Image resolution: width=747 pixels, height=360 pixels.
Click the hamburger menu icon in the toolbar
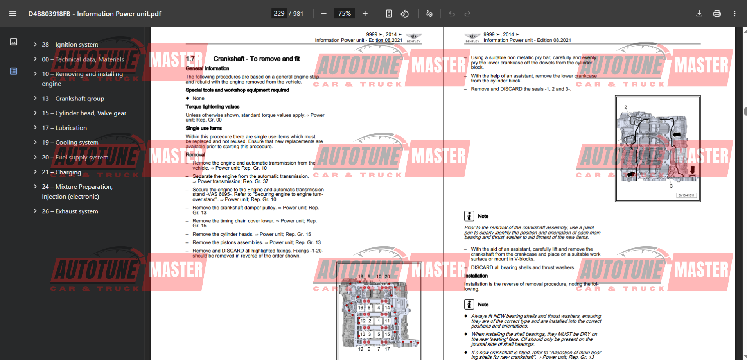pos(13,14)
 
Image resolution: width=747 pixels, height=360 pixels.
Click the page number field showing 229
pos(279,14)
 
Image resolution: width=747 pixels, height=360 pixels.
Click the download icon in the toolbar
pos(699,14)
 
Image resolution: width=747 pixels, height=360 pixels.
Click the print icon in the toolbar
pos(717,14)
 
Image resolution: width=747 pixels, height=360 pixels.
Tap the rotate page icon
pos(405,14)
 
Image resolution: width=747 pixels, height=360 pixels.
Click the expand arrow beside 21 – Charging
pos(35,172)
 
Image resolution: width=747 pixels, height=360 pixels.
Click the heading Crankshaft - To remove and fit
pos(256,59)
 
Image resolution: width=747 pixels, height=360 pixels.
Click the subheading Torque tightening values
pos(212,107)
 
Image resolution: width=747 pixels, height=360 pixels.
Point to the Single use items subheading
pos(203,128)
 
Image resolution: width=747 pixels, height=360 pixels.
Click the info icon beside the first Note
pos(469,216)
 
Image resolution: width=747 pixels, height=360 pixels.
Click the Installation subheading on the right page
pos(476,276)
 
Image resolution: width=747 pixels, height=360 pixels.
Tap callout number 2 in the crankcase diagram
pos(626,107)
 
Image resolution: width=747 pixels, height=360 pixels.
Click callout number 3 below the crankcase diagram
pos(671,186)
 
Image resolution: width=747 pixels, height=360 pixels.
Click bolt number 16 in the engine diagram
pos(360,308)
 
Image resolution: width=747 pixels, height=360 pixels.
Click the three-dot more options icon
pos(734,14)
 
